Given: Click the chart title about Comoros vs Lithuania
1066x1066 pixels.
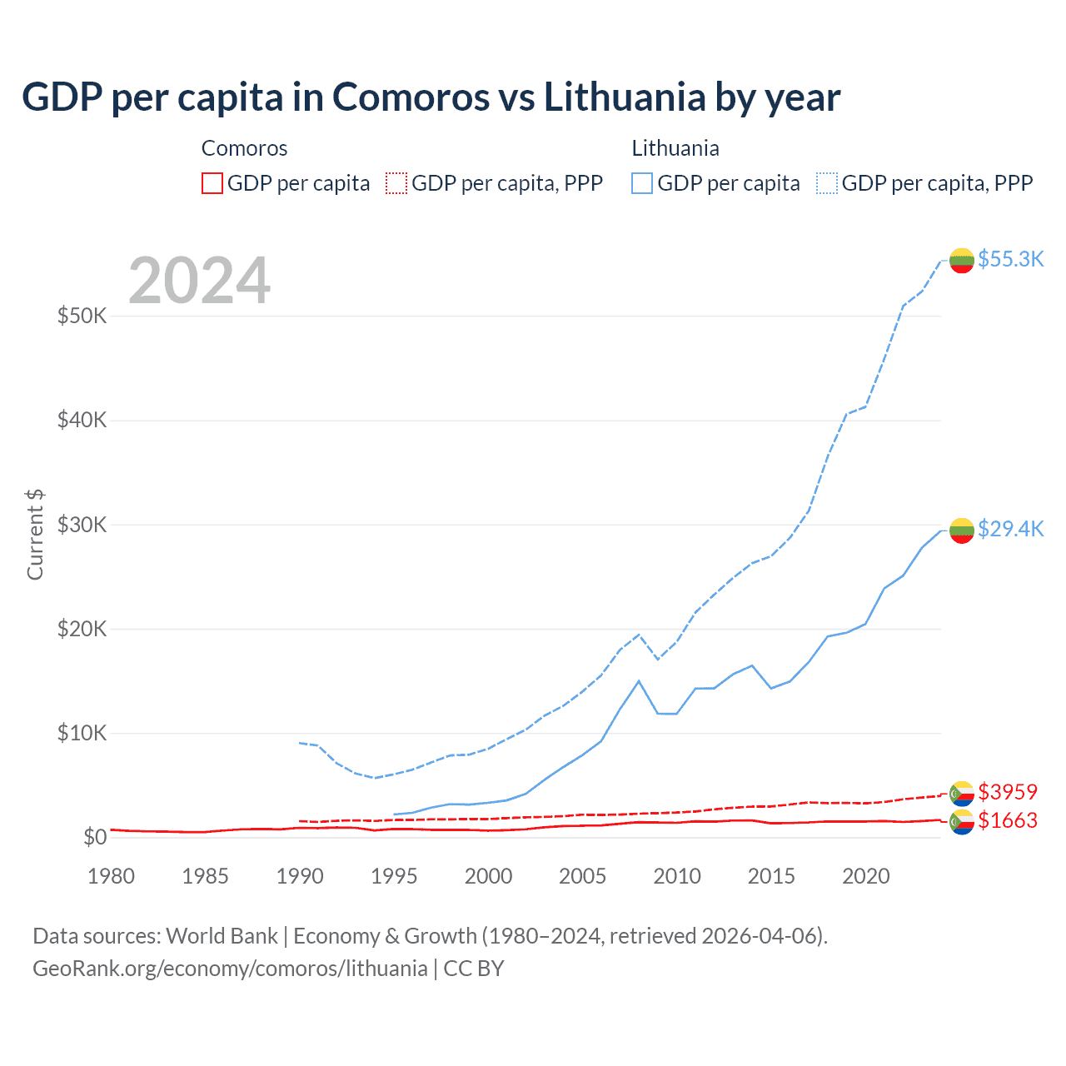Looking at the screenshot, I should [x=431, y=97].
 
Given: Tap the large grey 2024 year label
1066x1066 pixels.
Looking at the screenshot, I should [x=199, y=281].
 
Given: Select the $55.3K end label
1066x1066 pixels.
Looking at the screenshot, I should [x=1010, y=259].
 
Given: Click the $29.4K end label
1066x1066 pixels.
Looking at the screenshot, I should [x=1010, y=529].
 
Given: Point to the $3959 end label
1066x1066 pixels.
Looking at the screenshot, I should [x=1008, y=791].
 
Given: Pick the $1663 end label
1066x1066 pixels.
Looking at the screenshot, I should [x=1008, y=820].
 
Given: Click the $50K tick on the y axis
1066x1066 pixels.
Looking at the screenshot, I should [x=82, y=316].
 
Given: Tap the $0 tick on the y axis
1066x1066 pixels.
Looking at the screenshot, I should [x=95, y=837].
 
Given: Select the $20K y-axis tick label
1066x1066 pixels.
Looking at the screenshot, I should [x=82, y=629].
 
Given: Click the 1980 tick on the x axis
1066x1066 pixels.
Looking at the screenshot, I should [x=111, y=876].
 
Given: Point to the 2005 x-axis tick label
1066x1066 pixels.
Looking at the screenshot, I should [x=582, y=876].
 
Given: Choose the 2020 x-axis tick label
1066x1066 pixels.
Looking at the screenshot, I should [x=865, y=876].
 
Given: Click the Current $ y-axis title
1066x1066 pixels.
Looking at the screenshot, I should [x=35, y=535].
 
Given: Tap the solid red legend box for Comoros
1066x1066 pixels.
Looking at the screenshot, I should [x=212, y=183].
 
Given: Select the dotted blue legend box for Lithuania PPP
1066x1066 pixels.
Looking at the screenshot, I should [x=827, y=183].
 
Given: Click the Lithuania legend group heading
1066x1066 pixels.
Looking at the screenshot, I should [x=675, y=148].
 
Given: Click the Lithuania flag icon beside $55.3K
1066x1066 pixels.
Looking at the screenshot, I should [x=962, y=260].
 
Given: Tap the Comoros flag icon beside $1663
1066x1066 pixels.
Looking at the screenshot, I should [x=962, y=822].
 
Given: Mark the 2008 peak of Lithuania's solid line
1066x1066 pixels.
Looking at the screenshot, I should [x=639, y=680].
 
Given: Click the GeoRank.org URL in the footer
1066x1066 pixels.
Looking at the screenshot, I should [x=230, y=969].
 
